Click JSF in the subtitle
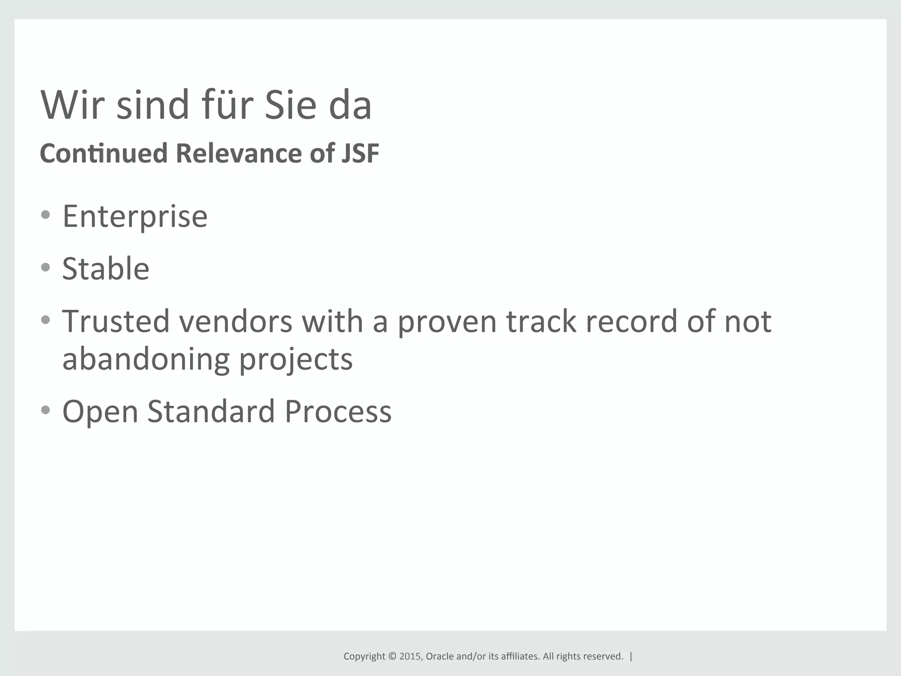pyautogui.click(x=360, y=153)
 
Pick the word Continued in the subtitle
pyautogui.click(x=104, y=153)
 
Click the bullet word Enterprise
pyautogui.click(x=135, y=217)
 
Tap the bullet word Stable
pyautogui.click(x=106, y=268)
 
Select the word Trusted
pyautogui.click(x=116, y=321)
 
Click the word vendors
pyautogui.click(x=235, y=321)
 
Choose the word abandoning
pyautogui.click(x=146, y=359)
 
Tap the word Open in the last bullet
pyautogui.click(x=100, y=412)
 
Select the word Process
pyautogui.click(x=338, y=412)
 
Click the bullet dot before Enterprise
pyautogui.click(x=45, y=215)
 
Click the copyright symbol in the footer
pyautogui.click(x=392, y=656)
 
